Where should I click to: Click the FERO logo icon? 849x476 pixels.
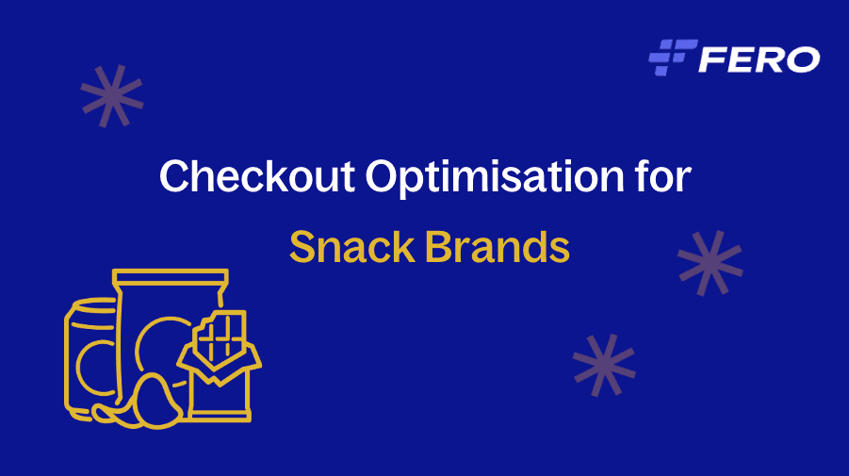point(673,57)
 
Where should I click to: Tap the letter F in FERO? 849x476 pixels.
point(711,58)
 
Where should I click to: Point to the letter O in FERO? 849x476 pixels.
point(802,58)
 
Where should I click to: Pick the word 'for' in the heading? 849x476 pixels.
point(662,176)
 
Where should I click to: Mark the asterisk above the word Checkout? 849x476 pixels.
point(112,96)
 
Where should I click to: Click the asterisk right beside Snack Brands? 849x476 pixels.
point(710,262)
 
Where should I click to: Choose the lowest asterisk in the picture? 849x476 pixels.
point(604,365)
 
